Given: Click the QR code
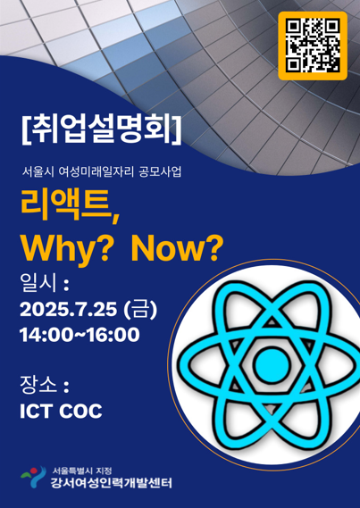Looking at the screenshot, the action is pyautogui.click(x=313, y=46).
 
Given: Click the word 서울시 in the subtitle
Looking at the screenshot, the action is pyautogui.click(x=36, y=172).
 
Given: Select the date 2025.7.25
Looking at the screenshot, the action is pyautogui.click(x=68, y=310).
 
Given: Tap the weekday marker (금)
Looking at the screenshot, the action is pyautogui.click(x=140, y=310).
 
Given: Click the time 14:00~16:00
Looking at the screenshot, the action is pyautogui.click(x=80, y=335).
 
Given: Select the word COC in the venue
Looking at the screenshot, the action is pyautogui.click(x=80, y=411).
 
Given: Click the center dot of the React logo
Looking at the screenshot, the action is pyautogui.click(x=272, y=364).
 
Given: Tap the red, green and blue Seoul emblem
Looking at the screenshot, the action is pyautogui.click(x=33, y=476).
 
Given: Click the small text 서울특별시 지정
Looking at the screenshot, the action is pyautogui.click(x=82, y=471).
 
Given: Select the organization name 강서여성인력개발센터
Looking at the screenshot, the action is pyautogui.click(x=111, y=483).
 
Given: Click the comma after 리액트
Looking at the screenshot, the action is pyautogui.click(x=115, y=217).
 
